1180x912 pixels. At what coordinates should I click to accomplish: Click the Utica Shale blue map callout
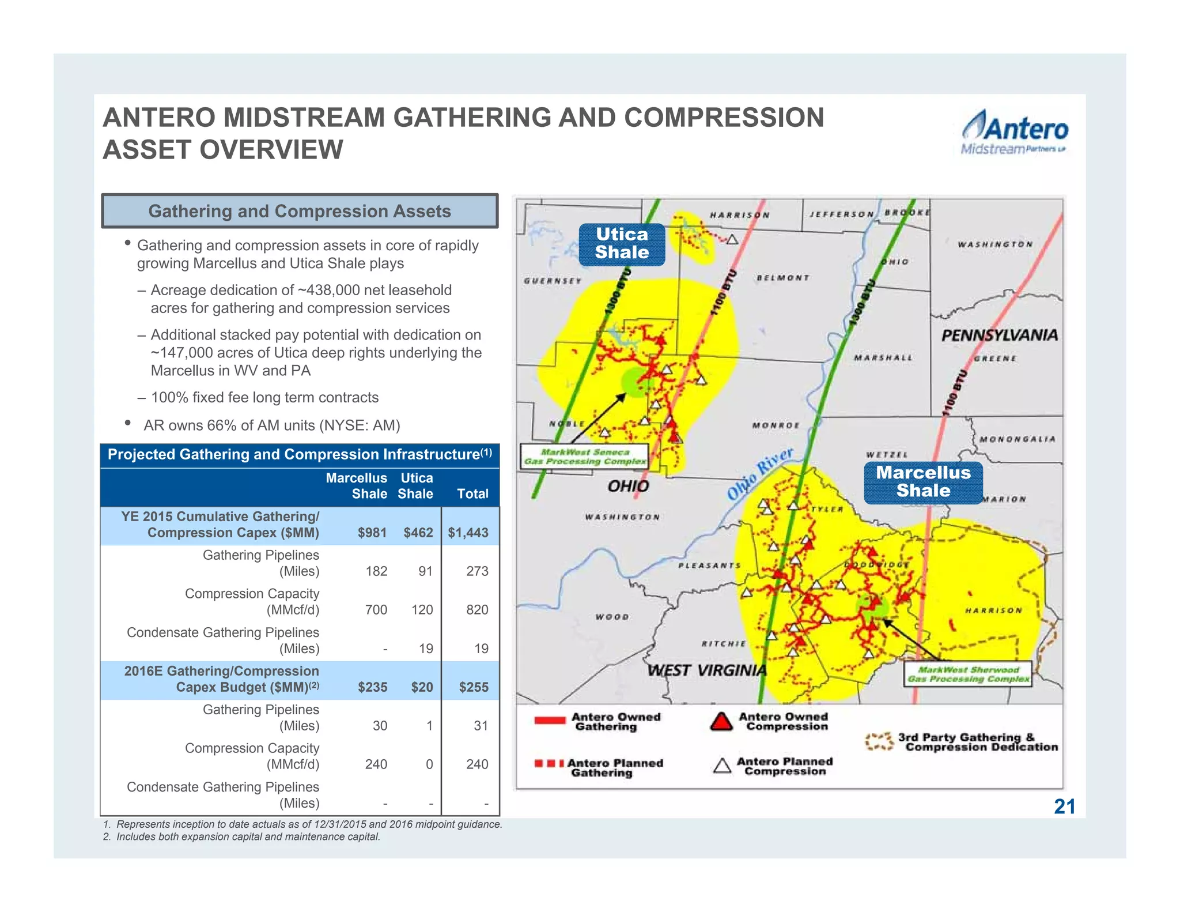[622, 244]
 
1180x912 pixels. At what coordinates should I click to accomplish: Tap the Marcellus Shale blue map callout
[923, 482]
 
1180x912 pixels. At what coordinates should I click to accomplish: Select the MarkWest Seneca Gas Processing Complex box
[584, 457]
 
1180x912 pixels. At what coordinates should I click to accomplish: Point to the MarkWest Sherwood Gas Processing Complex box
[968, 674]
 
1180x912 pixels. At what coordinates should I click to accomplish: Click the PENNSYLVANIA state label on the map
[999, 336]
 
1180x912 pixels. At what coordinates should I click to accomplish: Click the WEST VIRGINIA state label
[706, 670]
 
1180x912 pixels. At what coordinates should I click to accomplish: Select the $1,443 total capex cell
[468, 533]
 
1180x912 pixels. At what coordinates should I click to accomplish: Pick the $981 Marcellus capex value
[372, 533]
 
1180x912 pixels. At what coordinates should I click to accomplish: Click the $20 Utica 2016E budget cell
[422, 687]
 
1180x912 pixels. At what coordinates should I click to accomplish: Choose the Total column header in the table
[472, 493]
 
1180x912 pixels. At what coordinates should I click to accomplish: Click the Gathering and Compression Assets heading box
[300, 211]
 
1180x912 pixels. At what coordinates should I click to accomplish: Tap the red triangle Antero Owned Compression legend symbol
[721, 722]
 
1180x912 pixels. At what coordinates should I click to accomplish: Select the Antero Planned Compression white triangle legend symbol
[722, 766]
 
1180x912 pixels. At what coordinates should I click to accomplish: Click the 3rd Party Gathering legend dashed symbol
[879, 742]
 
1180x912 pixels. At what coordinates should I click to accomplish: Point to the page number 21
[1064, 807]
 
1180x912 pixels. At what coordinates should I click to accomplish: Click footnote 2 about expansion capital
[242, 836]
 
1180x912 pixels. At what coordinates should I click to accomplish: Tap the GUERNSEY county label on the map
[553, 281]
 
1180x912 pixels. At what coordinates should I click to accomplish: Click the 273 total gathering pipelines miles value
[477, 571]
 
